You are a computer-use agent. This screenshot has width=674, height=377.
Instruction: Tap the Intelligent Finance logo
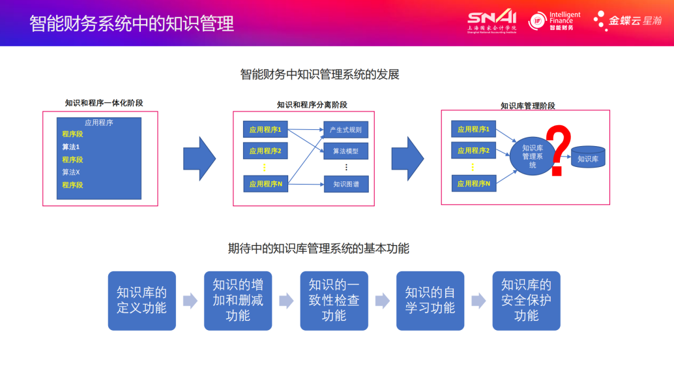(554, 21)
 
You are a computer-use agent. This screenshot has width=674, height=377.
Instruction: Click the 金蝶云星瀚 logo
(628, 21)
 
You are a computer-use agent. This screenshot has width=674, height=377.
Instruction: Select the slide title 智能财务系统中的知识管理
(132, 24)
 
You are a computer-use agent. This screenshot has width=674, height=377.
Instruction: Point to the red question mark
(557, 151)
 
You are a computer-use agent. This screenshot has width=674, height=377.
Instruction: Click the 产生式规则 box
(345, 130)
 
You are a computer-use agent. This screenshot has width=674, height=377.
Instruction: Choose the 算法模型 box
(345, 151)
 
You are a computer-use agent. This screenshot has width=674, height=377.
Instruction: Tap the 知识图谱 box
(345, 185)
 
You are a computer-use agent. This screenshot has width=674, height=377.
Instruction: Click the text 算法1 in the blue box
(70, 147)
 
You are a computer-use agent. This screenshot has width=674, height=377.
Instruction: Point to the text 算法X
(70, 172)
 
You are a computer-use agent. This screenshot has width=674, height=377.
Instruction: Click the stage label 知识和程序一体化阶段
(104, 103)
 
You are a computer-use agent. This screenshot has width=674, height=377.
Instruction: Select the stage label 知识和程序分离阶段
(312, 104)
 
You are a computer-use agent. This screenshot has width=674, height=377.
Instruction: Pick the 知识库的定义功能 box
(141, 300)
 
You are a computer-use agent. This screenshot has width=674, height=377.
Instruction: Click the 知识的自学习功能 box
(430, 300)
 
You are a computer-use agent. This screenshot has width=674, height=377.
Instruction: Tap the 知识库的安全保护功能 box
(526, 300)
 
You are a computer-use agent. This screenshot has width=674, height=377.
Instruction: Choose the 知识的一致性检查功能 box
(334, 300)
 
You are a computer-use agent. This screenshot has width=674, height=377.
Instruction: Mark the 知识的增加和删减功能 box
(238, 300)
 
